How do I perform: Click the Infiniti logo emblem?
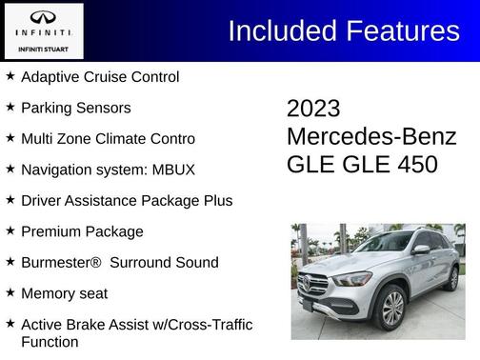pos(44,17)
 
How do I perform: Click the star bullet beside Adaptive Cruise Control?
pos(10,75)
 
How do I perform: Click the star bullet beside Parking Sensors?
pos(10,107)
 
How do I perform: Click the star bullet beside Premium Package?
pos(10,230)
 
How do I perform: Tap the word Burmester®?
pos(60,262)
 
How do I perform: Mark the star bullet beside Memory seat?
pos(10,292)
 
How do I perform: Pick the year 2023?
pos(313,109)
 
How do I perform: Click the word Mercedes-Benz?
pos(371,136)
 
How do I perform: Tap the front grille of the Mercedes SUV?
pos(317,284)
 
